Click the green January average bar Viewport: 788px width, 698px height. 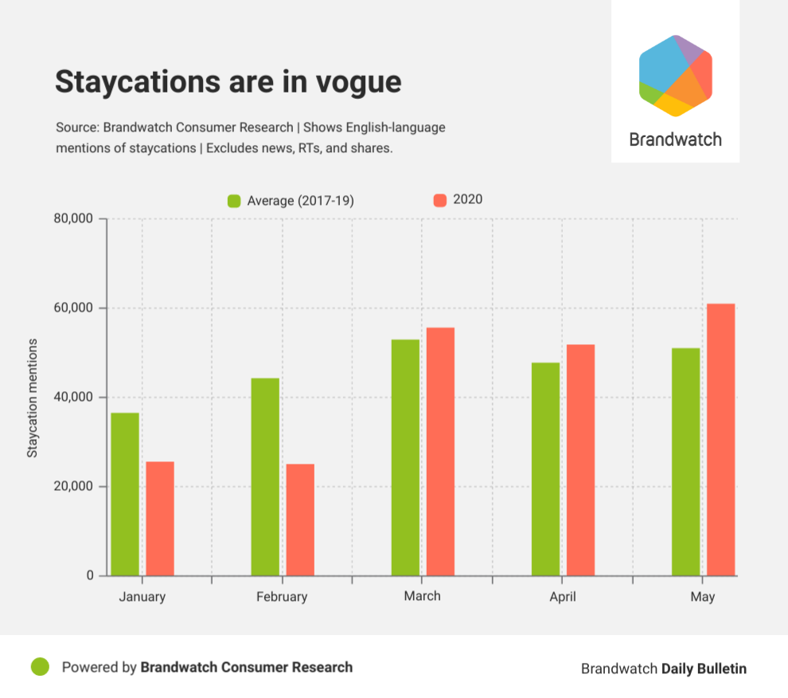pyautogui.click(x=125, y=494)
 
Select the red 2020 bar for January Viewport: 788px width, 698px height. pyautogui.click(x=160, y=519)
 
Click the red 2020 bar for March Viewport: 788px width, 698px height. pyautogui.click(x=440, y=451)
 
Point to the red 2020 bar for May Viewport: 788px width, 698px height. pyautogui.click(x=721, y=439)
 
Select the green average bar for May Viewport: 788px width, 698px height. pyautogui.click(x=686, y=461)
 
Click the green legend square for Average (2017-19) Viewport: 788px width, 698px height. pyautogui.click(x=234, y=201)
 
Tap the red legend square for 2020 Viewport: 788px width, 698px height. pyautogui.click(x=439, y=200)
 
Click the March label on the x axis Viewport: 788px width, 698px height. pyautogui.click(x=422, y=596)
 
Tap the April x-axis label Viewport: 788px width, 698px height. pyautogui.click(x=562, y=597)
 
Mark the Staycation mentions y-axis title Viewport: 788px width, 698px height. pyautogui.click(x=33, y=398)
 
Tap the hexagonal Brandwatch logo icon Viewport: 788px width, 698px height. pyautogui.click(x=675, y=76)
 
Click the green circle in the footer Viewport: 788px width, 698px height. pyautogui.click(x=40, y=666)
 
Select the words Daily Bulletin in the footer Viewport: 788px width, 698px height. pyautogui.click(x=704, y=669)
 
